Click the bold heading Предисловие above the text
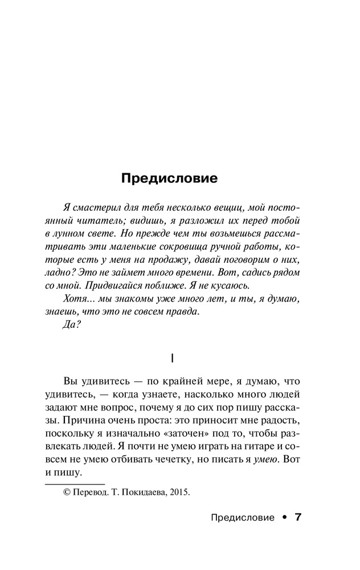tap(169, 178)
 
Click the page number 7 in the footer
tap(298, 518)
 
